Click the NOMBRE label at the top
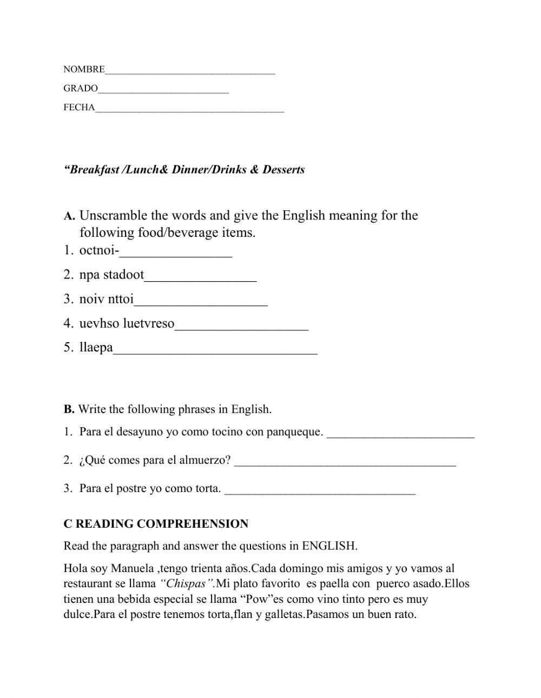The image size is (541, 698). pos(84,69)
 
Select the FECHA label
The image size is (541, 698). pos(79,107)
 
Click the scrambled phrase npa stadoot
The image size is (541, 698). pos(111,275)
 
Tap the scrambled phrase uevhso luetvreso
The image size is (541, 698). pos(127,323)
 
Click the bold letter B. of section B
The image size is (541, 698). pos(69,409)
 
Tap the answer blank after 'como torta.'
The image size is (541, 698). pos(320,491)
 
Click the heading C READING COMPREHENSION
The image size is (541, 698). pos(156,523)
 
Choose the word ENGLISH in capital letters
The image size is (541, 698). pos(329,546)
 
